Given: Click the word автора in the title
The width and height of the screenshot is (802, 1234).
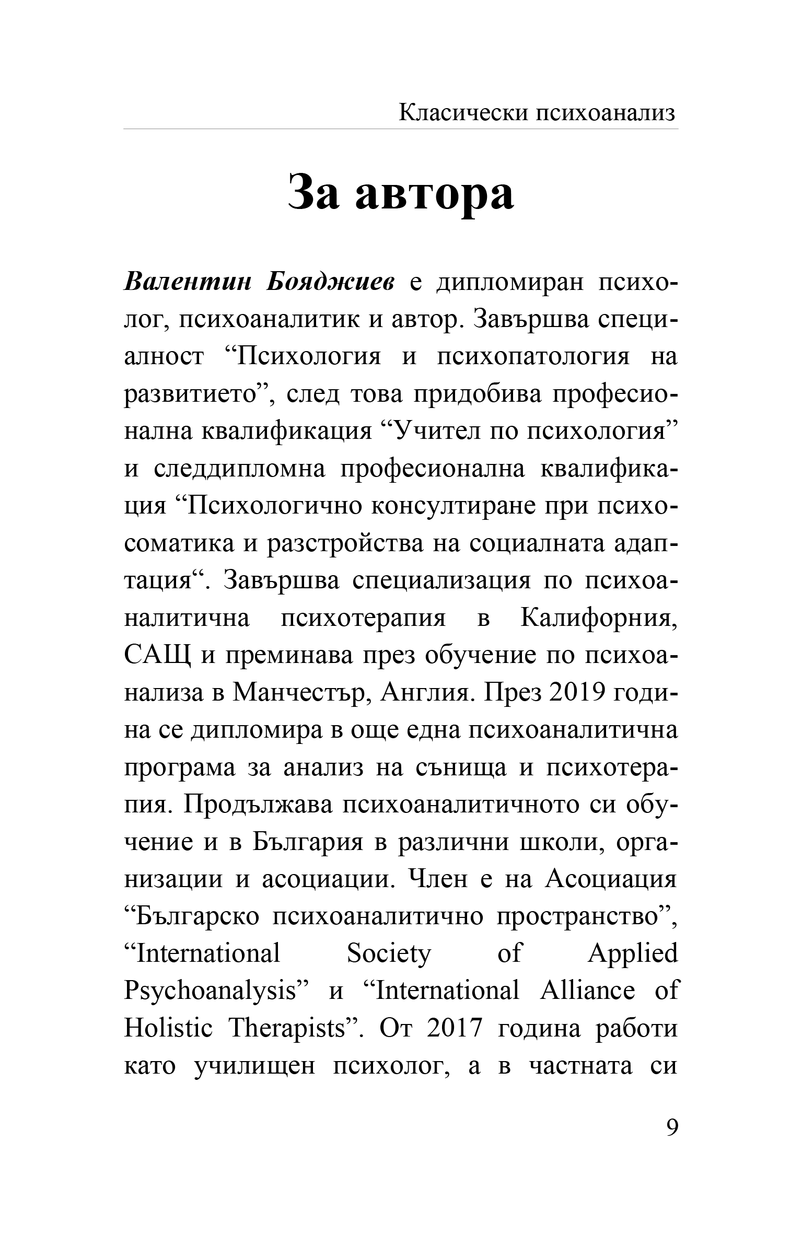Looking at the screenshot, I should click(x=434, y=192).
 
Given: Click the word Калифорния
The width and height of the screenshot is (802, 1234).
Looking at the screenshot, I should click(x=598, y=619).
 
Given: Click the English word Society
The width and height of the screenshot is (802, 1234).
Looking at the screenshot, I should click(x=389, y=954).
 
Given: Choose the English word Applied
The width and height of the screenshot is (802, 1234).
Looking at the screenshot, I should click(x=632, y=954).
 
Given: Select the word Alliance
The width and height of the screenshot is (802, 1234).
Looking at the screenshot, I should click(x=587, y=991).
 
